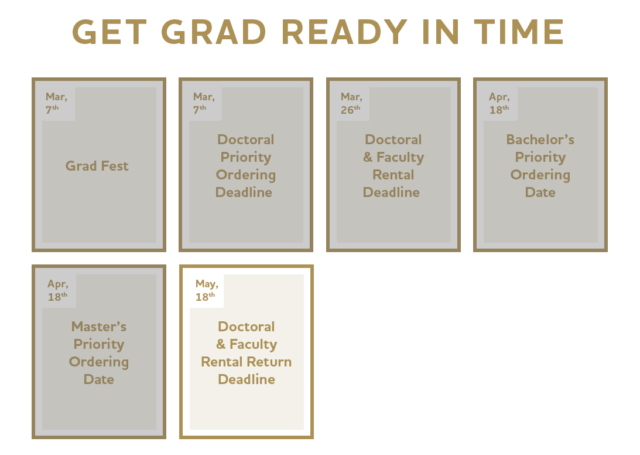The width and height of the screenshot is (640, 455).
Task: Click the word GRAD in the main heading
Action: coord(214,32)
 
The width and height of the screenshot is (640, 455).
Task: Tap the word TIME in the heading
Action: coord(519,32)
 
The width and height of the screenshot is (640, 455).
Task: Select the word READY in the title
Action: coord(344,32)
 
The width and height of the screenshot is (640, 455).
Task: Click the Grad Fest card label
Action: coord(97,166)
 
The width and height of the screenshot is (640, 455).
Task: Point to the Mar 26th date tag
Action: coord(351,103)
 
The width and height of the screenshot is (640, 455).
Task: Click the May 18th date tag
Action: coord(207,290)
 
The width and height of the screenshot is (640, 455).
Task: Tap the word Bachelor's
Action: coord(540,140)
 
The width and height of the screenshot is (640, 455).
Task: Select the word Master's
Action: coord(99,327)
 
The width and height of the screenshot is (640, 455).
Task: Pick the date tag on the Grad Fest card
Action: coord(56,103)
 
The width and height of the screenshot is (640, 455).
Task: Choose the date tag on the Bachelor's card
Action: coord(499,103)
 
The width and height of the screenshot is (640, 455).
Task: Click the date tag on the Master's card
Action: coord(58,290)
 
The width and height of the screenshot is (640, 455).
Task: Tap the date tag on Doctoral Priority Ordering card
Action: coord(204,103)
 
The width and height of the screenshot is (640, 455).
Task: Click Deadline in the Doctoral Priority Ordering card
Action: coord(244,192)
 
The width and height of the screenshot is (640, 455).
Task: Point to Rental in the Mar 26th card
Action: coord(393,175)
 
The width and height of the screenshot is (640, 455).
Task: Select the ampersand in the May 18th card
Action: coord(221,344)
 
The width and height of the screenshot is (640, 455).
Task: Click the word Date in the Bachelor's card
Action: coord(540,192)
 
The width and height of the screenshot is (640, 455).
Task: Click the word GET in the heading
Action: coord(109,32)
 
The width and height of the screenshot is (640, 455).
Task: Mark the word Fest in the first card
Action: coord(115,166)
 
